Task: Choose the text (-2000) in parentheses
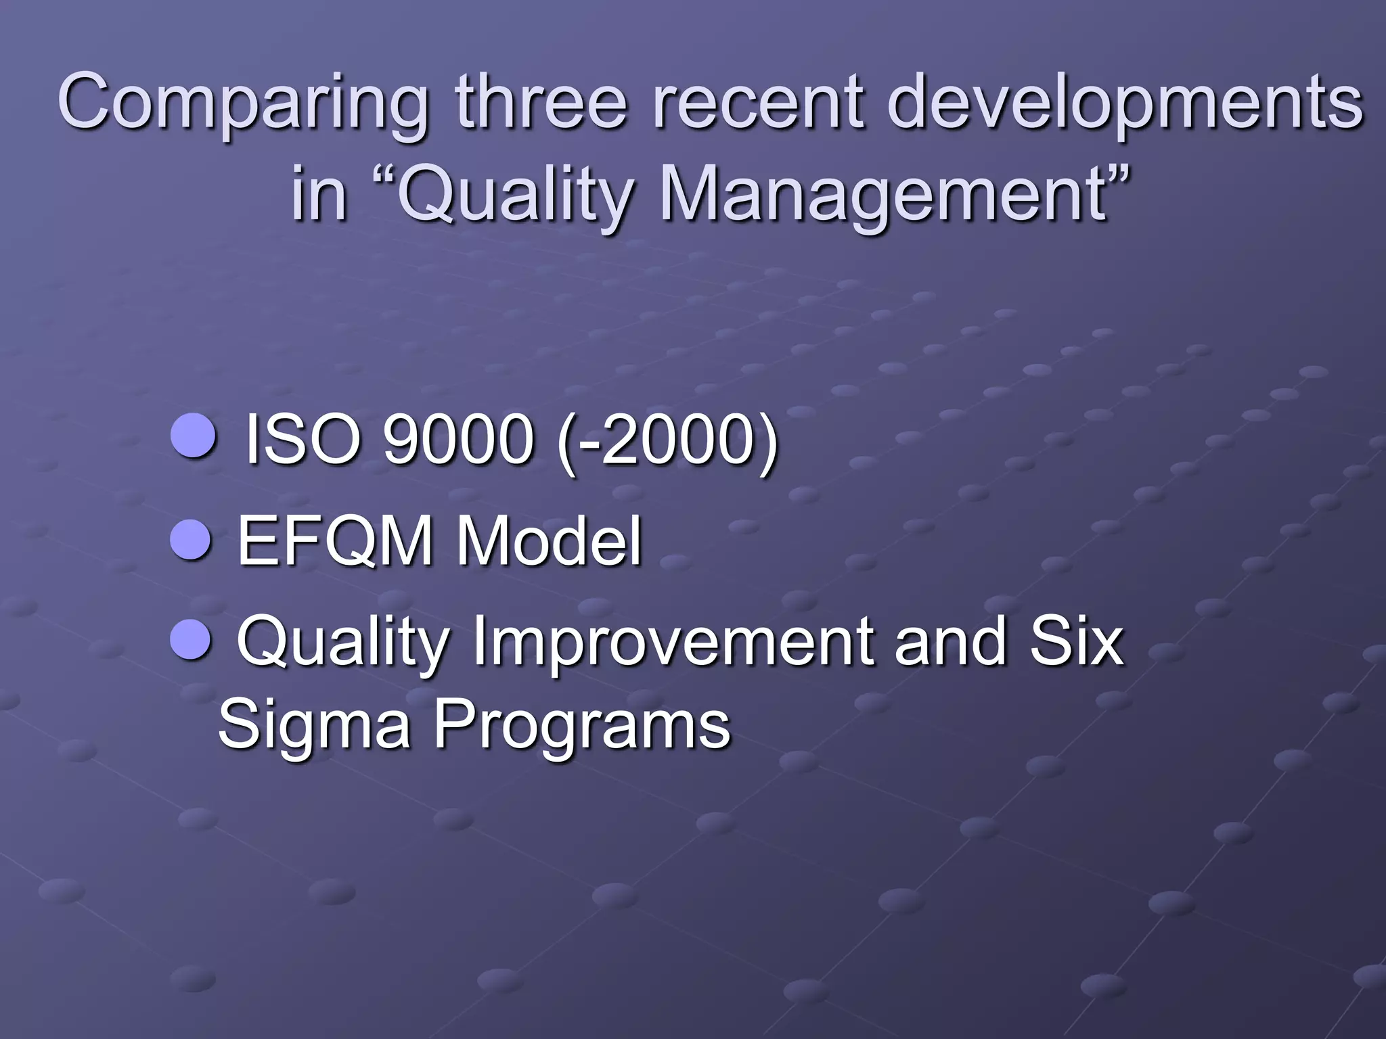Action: pos(667,441)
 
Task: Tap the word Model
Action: pos(549,541)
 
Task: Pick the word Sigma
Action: pos(314,727)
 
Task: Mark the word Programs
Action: pos(582,727)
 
